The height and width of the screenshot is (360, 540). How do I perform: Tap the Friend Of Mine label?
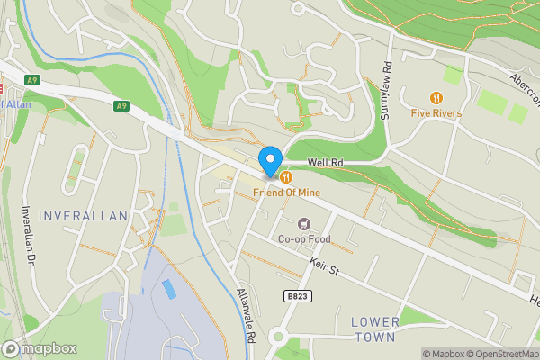coord(287,191)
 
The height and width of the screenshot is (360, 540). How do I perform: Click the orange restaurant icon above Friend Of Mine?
coord(283,175)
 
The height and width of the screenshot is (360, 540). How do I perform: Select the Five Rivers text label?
coord(436,113)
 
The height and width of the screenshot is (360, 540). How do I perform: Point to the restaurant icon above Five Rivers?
coord(436,97)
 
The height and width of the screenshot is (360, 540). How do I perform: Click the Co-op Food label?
coord(304,239)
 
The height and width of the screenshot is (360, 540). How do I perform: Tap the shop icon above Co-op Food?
coord(304,223)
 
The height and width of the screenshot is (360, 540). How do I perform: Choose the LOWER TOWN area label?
coord(373,329)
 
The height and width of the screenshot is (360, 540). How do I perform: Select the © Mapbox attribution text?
coord(444,354)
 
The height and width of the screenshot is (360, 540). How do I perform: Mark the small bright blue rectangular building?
coord(169,289)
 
